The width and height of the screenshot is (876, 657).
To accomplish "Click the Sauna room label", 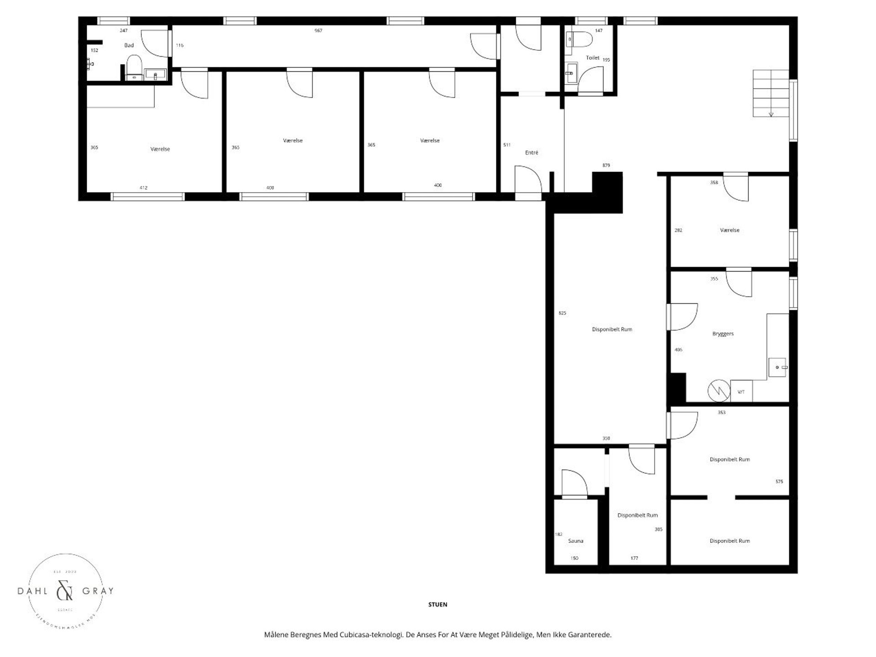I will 575,541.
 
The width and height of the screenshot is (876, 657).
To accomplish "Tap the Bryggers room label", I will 723,334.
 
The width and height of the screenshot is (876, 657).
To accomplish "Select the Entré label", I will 531,152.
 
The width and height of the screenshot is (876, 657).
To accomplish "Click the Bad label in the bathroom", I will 129,45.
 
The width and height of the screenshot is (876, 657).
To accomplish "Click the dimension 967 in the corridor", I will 318,31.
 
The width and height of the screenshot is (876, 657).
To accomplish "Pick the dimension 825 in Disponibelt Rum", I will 562,313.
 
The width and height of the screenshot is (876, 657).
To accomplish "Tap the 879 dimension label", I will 606,165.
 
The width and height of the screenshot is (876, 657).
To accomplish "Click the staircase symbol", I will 771,93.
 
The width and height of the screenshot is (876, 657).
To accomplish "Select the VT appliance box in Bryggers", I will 741,391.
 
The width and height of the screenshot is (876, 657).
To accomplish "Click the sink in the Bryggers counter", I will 777,367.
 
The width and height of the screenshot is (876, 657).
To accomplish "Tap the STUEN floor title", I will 438,605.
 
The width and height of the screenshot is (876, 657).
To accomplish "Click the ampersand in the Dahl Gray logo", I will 64,591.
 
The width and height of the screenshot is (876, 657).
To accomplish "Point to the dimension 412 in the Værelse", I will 143,188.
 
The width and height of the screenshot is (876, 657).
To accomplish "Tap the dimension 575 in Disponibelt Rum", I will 779,481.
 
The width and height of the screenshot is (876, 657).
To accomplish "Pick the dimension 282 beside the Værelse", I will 678,230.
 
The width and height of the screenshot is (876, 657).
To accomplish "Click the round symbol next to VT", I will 717,391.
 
